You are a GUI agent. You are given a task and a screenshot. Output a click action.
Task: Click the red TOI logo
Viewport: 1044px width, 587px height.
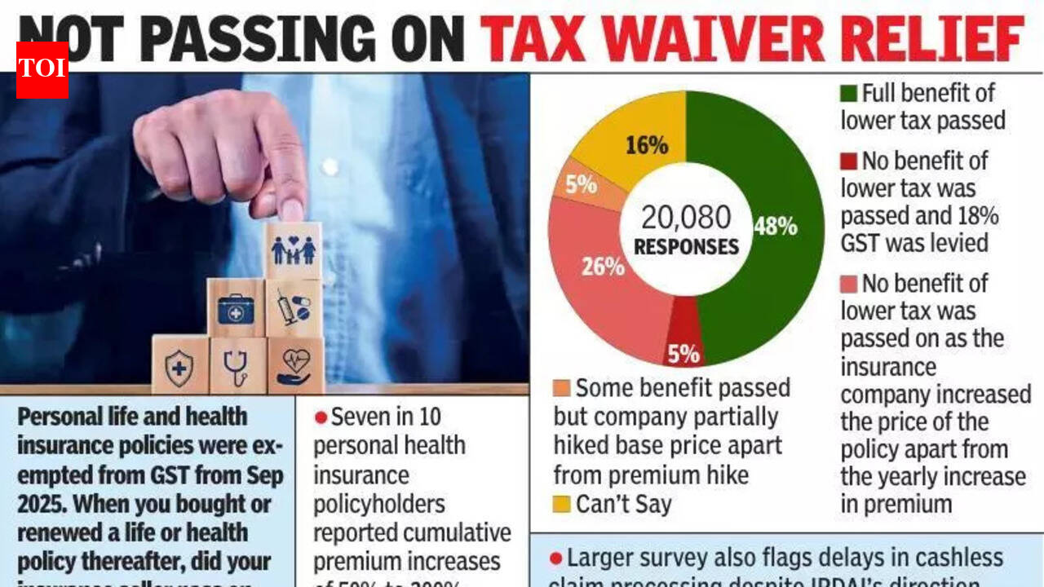[42, 69]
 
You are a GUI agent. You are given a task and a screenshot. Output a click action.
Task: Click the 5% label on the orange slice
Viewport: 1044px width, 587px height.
[581, 184]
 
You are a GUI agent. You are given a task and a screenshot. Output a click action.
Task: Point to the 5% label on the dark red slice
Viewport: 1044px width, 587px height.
[683, 354]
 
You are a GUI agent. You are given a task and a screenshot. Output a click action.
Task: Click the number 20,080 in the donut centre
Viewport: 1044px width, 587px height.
[686, 218]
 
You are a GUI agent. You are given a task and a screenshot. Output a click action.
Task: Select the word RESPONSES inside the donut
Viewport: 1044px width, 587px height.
[686, 246]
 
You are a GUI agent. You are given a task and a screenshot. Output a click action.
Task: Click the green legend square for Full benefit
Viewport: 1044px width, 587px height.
[848, 93]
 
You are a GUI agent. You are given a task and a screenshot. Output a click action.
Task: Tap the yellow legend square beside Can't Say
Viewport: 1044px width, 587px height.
[561, 505]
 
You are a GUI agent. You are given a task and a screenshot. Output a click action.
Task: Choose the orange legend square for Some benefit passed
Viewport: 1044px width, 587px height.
[561, 387]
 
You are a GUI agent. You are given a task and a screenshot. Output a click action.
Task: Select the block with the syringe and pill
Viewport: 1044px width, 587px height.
[293, 308]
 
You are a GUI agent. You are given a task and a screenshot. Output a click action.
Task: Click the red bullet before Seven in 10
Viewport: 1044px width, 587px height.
[321, 417]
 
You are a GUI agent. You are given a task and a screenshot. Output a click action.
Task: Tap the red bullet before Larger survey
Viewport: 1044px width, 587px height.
[555, 558]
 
